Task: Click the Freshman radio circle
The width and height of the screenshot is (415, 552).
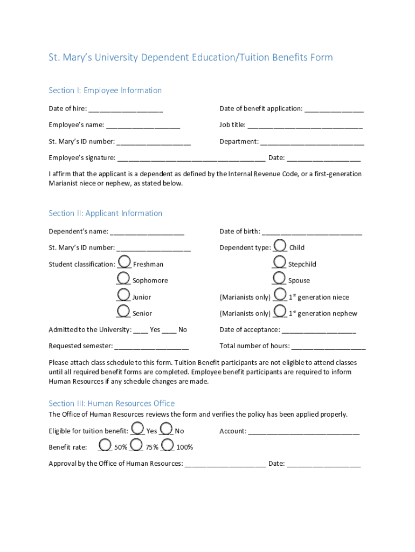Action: coord(124,262)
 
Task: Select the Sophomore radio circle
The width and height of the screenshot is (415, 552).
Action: coord(123,278)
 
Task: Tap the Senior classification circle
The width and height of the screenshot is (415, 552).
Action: coord(123,311)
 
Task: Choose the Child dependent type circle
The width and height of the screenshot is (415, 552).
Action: coord(280,245)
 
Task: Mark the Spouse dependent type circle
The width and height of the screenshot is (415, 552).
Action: coord(279,278)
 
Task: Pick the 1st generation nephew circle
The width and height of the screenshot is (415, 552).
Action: coord(280,311)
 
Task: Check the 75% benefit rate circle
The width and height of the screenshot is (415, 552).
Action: coord(136,445)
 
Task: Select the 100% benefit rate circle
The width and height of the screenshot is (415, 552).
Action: coord(168,445)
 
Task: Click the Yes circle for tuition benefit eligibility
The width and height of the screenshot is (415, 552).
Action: coord(137,429)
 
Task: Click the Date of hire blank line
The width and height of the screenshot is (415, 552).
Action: coord(126,109)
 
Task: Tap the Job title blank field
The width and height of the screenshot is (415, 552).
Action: coord(305,126)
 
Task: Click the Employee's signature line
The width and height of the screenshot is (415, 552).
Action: coord(191,158)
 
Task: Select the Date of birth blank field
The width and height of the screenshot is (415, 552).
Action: coord(312,232)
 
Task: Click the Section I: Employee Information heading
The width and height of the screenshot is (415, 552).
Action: coord(105,91)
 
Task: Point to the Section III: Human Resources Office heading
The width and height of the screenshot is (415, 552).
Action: coord(112,404)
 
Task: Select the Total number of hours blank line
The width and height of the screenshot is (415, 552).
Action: coord(328,347)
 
